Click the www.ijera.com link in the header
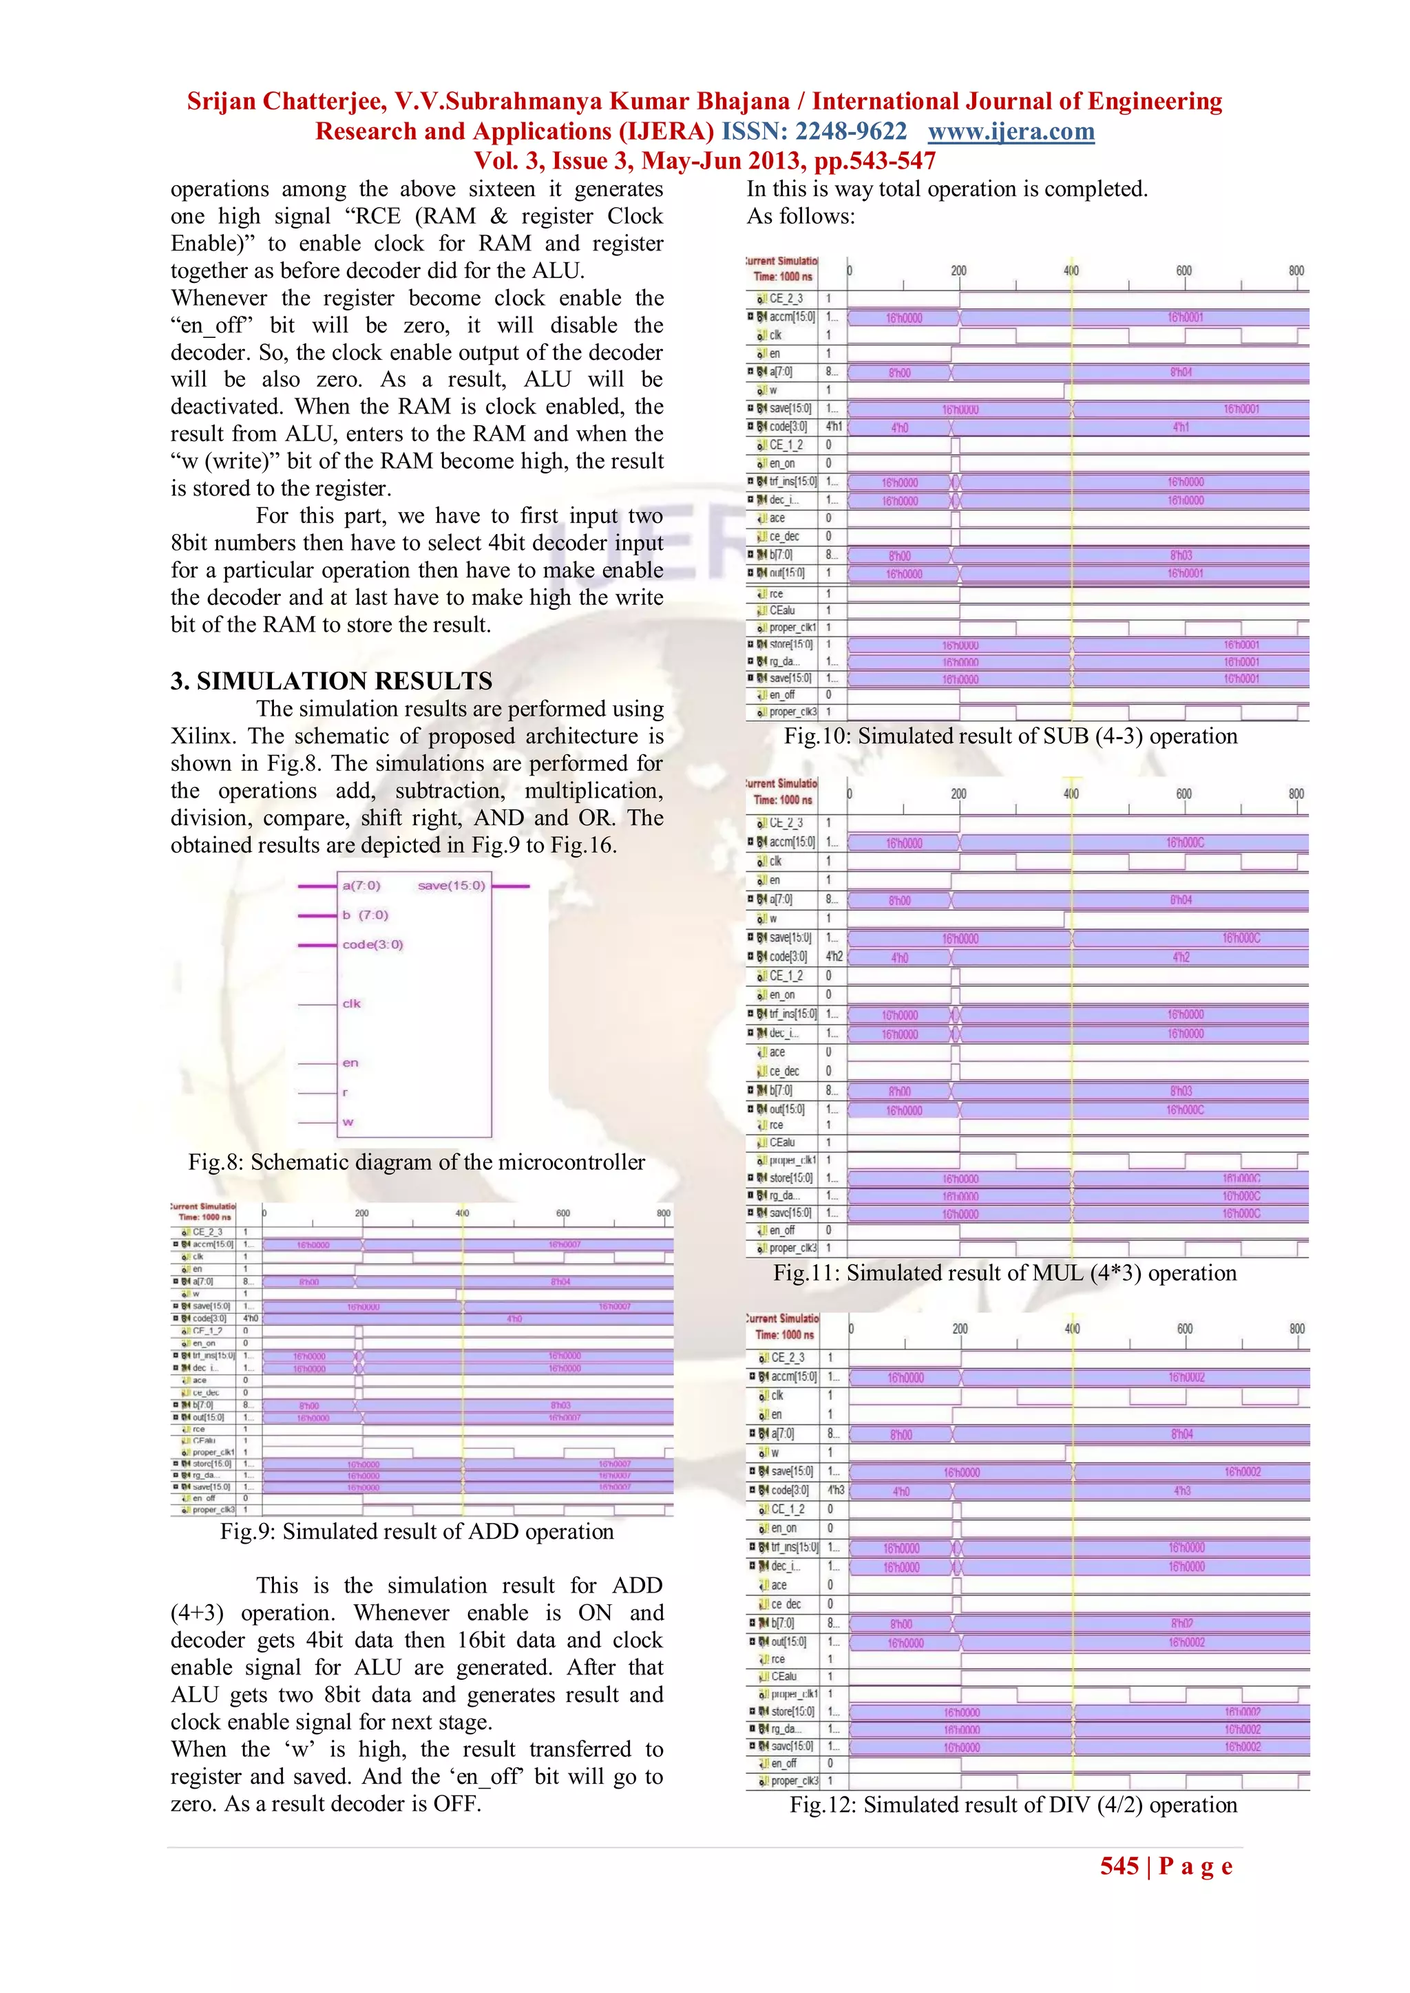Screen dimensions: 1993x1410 (1011, 132)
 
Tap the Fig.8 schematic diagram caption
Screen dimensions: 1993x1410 (417, 1162)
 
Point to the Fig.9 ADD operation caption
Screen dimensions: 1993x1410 (417, 1531)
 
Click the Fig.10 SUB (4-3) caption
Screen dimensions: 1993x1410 (1011, 736)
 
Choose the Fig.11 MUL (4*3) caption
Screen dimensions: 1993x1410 (1004, 1272)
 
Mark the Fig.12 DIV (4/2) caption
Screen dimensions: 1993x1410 (1013, 1804)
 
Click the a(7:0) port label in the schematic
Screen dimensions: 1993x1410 (361, 886)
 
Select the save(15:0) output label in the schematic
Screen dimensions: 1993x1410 (452, 886)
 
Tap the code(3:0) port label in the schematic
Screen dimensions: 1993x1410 (372, 944)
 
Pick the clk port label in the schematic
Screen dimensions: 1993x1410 (352, 1003)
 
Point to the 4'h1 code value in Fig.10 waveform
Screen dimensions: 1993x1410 (1181, 427)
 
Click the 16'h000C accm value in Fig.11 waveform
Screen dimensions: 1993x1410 (1185, 842)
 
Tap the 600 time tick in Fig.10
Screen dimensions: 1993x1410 (1184, 271)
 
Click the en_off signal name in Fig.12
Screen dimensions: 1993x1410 (783, 1763)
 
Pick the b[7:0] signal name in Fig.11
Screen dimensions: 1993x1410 (779, 1090)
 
